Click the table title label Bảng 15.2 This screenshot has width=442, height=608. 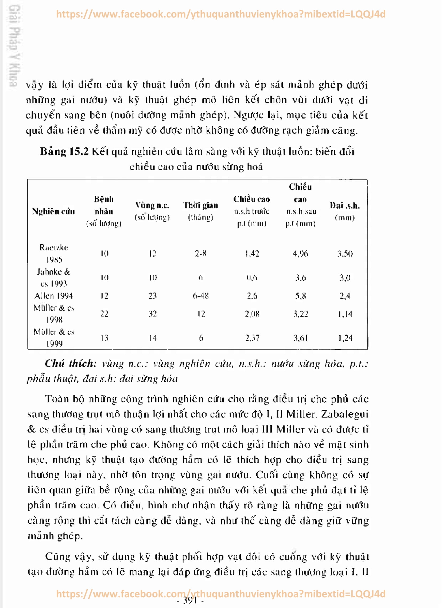[64, 152]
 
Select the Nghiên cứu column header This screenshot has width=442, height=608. [53, 211]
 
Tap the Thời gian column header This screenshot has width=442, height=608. [200, 206]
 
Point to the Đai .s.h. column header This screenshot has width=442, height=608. [344, 206]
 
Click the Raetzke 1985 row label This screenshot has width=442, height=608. [54, 253]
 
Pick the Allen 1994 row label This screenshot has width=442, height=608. [54, 296]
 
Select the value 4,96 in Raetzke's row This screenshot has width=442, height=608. [300, 254]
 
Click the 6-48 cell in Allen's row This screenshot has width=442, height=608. [200, 296]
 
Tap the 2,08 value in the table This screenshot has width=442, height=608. [252, 314]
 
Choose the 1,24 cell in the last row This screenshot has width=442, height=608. [345, 338]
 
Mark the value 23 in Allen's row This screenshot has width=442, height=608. [152, 296]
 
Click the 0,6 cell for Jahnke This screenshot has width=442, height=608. [252, 278]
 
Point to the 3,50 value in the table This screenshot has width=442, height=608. [345, 254]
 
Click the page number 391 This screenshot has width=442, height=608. [190, 601]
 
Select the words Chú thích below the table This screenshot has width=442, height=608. [70, 364]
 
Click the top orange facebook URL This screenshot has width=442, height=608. [220, 14]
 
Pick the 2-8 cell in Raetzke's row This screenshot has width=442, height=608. [200, 254]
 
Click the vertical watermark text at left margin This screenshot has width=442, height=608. [13, 46]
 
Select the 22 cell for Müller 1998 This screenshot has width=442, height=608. [104, 314]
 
